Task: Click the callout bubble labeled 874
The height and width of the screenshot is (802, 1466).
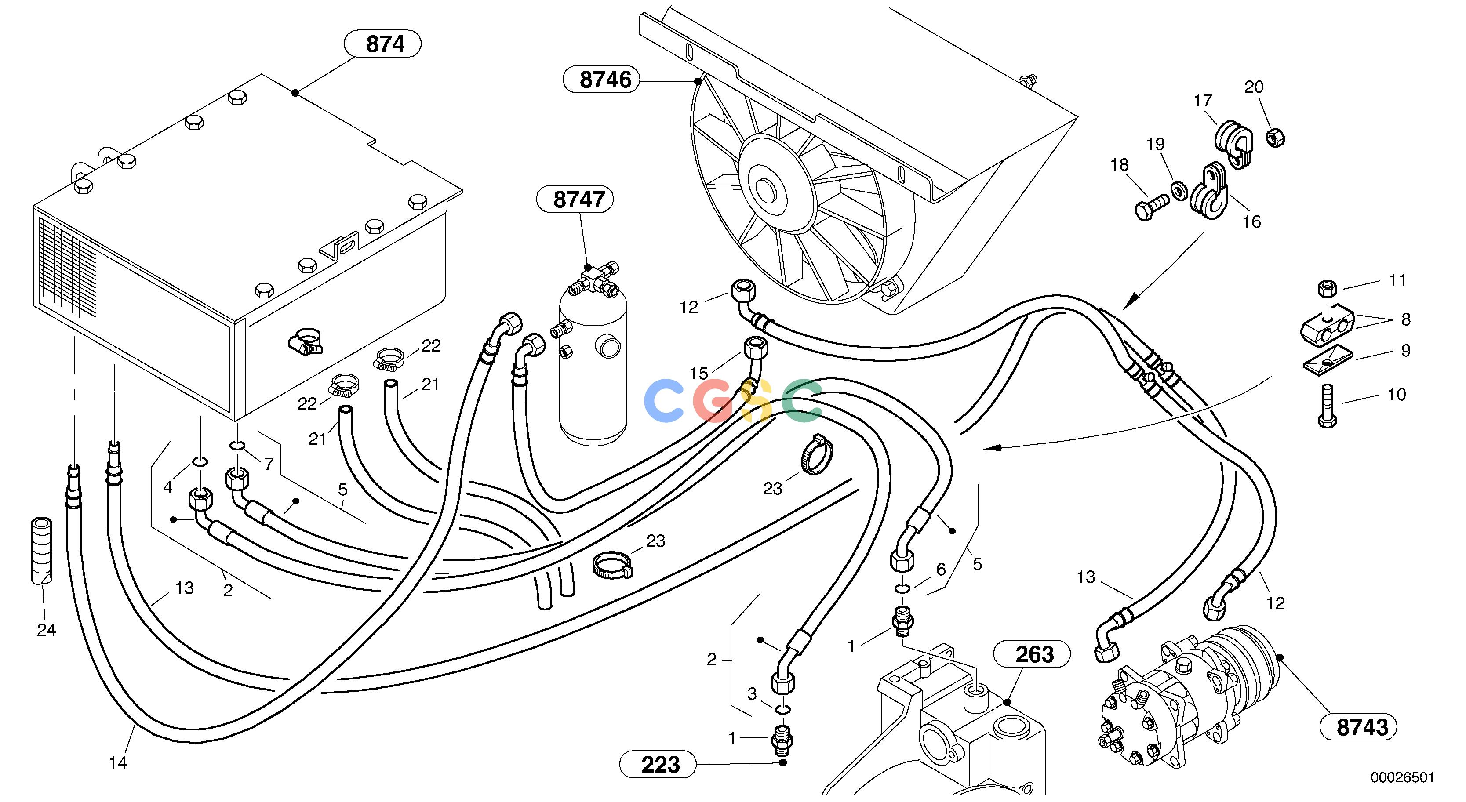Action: click(x=383, y=44)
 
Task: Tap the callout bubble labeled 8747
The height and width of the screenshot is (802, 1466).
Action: click(x=575, y=199)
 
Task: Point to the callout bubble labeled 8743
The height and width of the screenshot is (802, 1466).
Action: click(x=1358, y=727)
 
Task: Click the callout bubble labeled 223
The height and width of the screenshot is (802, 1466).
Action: click(x=658, y=764)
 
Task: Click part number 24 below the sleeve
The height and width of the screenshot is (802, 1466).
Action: click(x=47, y=630)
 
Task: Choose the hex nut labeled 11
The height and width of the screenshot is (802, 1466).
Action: click(x=1327, y=289)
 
